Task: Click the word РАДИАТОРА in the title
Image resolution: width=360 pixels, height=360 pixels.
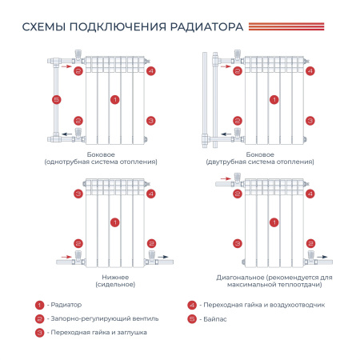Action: (206, 27)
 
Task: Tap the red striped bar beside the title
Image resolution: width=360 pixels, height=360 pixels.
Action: (286, 26)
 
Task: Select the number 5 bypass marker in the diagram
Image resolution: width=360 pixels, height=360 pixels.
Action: (57, 100)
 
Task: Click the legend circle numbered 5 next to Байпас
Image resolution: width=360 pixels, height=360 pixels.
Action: (192, 319)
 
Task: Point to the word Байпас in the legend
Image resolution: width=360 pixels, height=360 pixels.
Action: (215, 319)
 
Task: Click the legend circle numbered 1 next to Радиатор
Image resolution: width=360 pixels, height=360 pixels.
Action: (39, 305)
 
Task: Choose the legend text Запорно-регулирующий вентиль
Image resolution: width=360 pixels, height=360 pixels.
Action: (105, 318)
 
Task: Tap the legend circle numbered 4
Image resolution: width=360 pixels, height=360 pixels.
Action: (192, 305)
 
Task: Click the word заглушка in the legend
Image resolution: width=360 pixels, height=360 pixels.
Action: (132, 333)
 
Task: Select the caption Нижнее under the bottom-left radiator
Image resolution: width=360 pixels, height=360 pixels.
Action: (115, 278)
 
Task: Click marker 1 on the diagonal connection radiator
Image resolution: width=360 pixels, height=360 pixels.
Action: (274, 222)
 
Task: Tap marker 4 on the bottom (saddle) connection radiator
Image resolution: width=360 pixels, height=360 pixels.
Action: (151, 194)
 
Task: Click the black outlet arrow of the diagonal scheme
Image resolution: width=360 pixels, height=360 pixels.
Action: (322, 257)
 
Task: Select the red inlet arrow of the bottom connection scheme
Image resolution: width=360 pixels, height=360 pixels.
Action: (66, 257)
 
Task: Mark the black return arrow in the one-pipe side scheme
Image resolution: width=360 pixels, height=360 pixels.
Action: (66, 134)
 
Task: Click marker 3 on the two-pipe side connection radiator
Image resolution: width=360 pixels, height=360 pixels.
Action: (310, 121)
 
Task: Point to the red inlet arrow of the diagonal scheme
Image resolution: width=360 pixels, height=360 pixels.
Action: (226, 178)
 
